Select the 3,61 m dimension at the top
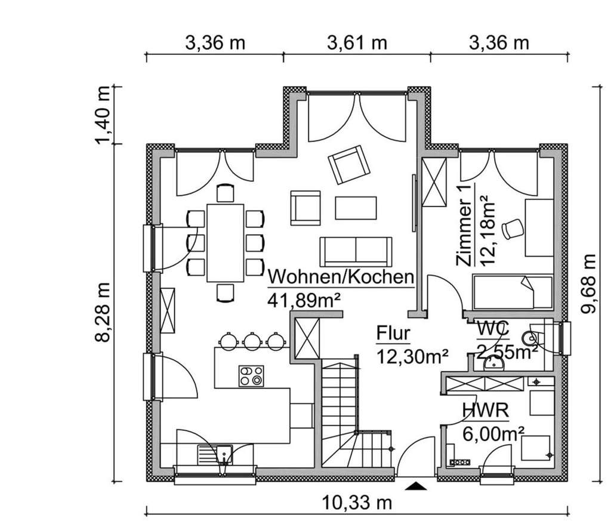coord(357,43)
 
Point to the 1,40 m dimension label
coord(103,115)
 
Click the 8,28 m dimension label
coord(103,312)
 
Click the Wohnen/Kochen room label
coord(341,277)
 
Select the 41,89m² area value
coord(304,300)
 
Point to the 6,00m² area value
coord(493,433)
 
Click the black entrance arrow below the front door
coord(416,486)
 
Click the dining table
coord(225,242)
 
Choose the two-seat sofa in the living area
coord(356,251)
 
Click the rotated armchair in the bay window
coord(348,164)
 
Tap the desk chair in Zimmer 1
coord(512,229)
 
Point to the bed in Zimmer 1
coord(512,292)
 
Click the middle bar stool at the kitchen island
coord(252,341)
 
